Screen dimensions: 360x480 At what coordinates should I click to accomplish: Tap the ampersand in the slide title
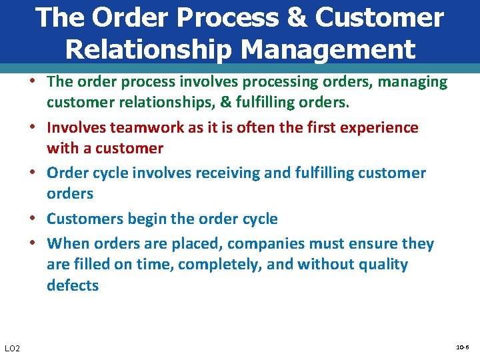click(295, 18)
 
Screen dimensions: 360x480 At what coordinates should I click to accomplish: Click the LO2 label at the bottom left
click(12, 349)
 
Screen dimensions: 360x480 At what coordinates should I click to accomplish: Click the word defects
click(73, 285)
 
